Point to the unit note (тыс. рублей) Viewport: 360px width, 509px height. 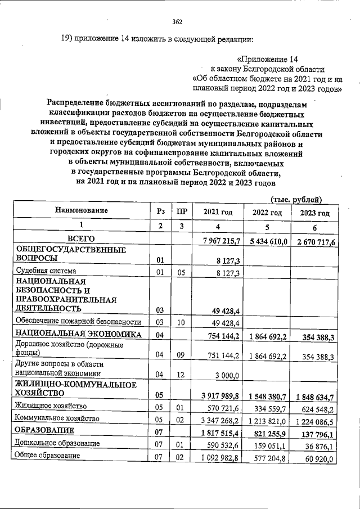[x=296, y=199]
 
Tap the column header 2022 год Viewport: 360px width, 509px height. [x=267, y=212]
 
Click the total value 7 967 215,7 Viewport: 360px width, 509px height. [x=217, y=241]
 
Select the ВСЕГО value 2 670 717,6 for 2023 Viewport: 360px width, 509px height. [x=313, y=242]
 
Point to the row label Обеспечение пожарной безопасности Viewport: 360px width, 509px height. [x=78, y=321]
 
